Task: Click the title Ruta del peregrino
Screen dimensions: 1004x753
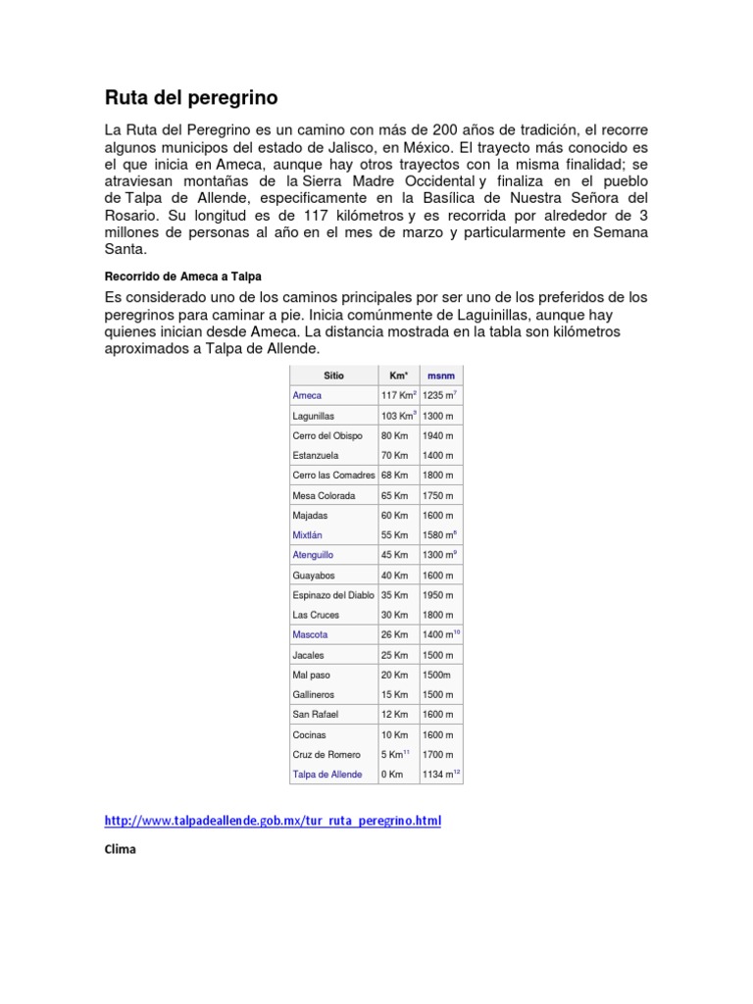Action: (x=191, y=98)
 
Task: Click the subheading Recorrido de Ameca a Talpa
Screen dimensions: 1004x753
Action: (x=183, y=276)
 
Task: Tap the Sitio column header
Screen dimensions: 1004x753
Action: (x=334, y=376)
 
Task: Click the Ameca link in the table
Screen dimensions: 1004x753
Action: (x=307, y=395)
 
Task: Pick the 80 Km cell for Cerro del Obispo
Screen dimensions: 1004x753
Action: (x=394, y=435)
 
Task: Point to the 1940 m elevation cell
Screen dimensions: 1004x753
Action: (x=438, y=435)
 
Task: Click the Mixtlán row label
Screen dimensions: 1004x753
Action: (x=307, y=535)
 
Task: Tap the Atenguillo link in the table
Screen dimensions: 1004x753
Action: (x=313, y=555)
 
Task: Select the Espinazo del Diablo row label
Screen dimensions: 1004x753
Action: (x=333, y=595)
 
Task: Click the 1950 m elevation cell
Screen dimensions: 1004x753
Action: (x=438, y=595)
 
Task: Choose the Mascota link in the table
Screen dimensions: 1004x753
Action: (x=310, y=635)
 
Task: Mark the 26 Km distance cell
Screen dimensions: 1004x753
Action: (x=394, y=635)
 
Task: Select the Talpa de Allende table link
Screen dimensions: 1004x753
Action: (x=327, y=775)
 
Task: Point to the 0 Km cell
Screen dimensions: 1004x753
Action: (x=392, y=775)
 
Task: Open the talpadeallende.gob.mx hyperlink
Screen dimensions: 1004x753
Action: (x=273, y=820)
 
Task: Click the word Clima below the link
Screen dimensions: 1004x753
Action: (x=120, y=850)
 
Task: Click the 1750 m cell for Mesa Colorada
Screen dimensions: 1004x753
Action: (x=438, y=495)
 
